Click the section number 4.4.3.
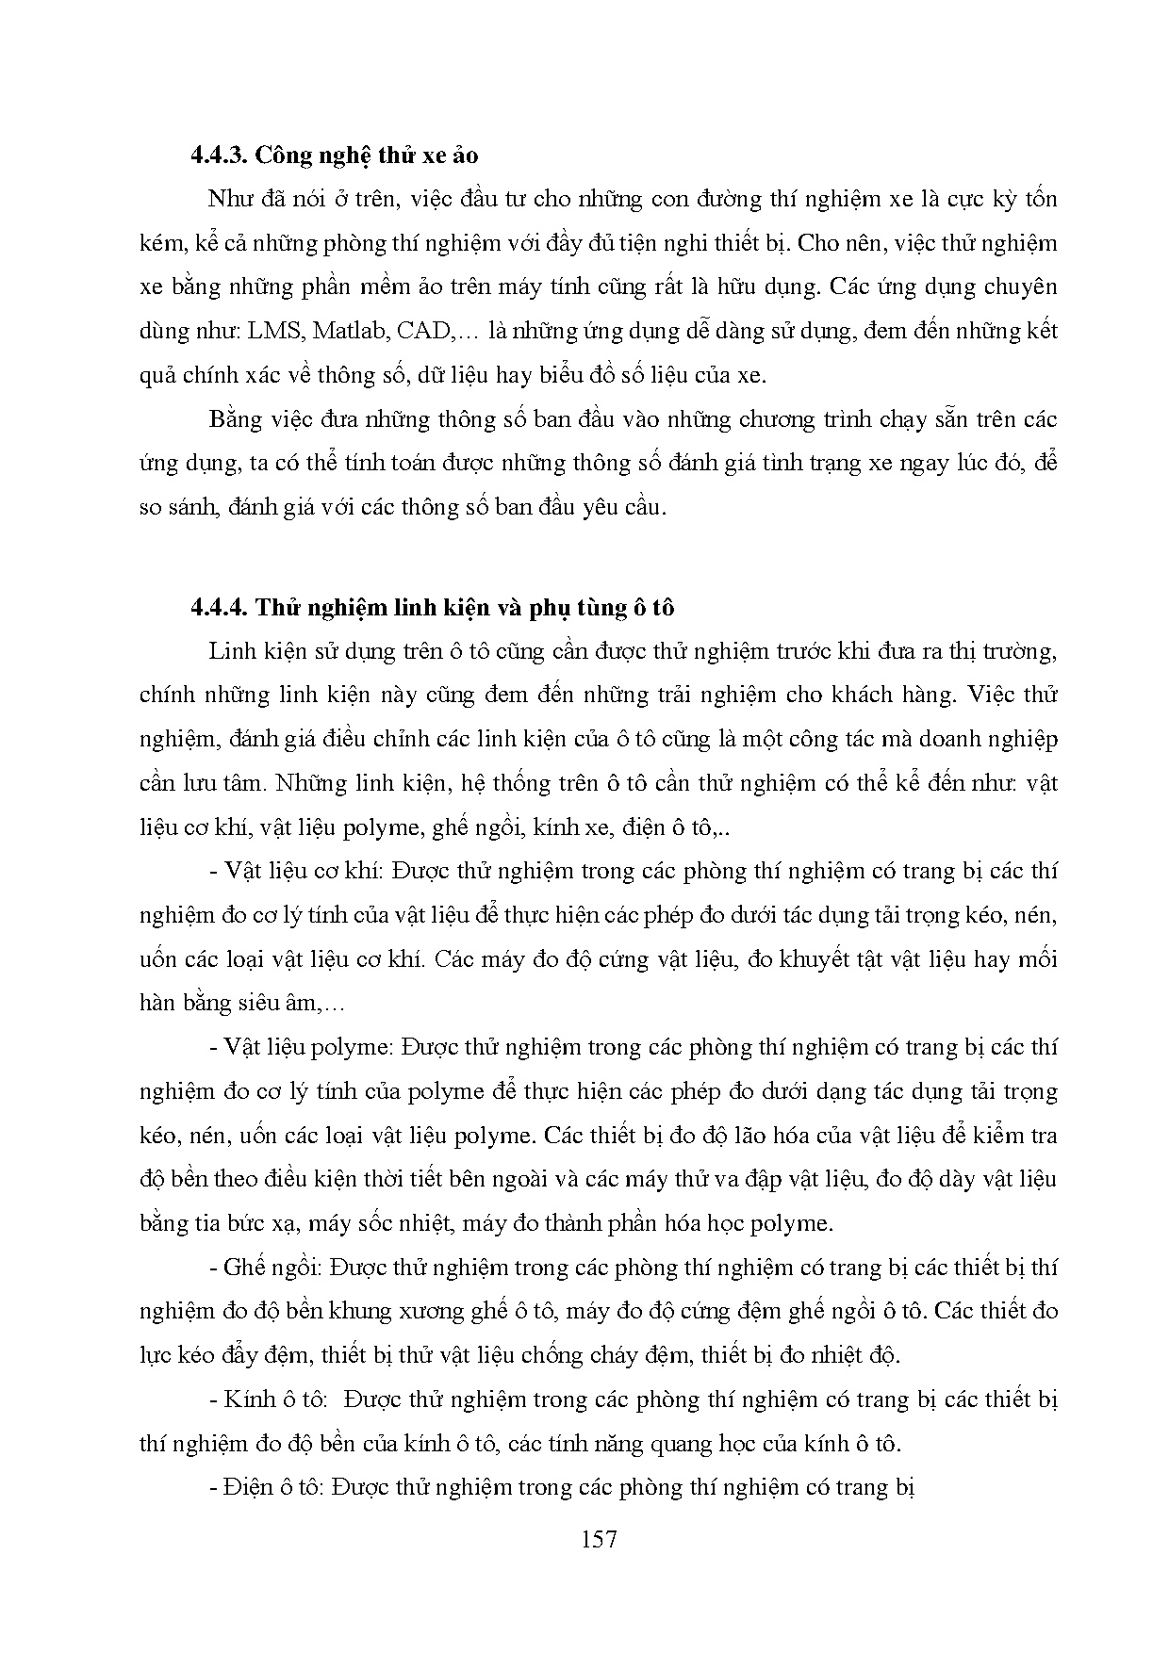219,155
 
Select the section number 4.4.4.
219,608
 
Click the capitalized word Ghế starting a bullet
243,1267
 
